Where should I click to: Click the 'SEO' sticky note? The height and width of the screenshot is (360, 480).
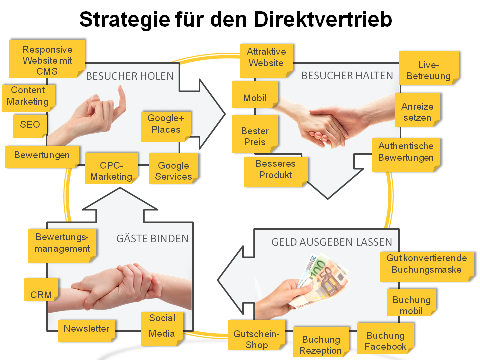(30, 125)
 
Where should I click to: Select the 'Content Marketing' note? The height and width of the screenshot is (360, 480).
(28, 96)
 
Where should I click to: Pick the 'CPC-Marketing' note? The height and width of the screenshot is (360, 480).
(111, 171)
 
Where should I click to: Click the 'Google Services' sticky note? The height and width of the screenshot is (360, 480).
(173, 171)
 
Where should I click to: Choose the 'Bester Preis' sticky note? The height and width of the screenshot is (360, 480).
(255, 137)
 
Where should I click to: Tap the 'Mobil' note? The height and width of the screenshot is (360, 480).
(255, 98)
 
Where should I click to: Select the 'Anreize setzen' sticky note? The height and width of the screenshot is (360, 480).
(417, 112)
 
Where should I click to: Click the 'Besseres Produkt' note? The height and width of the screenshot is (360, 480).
(275, 169)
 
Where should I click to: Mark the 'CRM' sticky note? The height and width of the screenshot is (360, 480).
(41, 294)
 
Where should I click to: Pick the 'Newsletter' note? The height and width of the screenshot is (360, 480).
(86, 329)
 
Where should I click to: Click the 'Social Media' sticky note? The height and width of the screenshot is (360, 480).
(162, 325)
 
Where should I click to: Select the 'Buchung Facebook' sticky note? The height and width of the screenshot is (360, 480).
(385, 341)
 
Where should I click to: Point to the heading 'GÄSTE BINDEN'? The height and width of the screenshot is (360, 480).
(152, 238)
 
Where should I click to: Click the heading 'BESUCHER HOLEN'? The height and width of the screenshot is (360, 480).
(129, 76)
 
